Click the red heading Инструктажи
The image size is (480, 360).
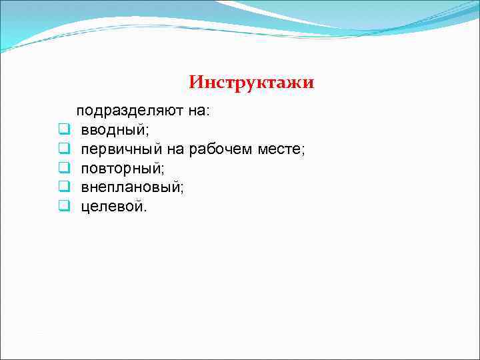pos(251,83)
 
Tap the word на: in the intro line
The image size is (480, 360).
pos(198,111)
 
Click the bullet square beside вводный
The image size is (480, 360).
pos(64,129)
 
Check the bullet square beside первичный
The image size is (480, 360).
pos(64,149)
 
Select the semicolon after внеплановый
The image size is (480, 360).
pos(183,189)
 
